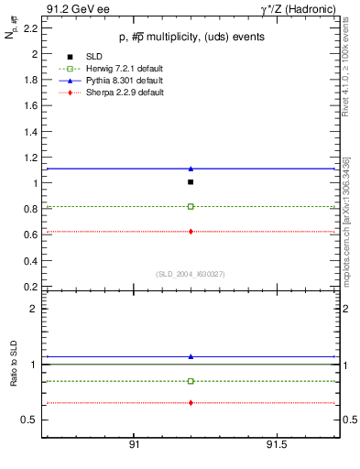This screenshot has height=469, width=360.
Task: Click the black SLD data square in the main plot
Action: tap(191, 182)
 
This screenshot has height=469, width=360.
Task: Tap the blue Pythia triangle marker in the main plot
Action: tap(191, 169)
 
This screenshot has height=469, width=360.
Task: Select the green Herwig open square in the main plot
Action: tap(191, 206)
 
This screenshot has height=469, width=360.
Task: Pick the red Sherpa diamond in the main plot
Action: tap(191, 232)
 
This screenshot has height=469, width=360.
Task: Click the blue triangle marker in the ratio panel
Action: tap(191, 356)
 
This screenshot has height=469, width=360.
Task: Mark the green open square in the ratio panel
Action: tap(191, 381)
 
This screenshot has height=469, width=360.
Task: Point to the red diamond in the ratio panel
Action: tap(191, 403)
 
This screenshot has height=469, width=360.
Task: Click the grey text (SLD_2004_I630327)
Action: tap(190, 273)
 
